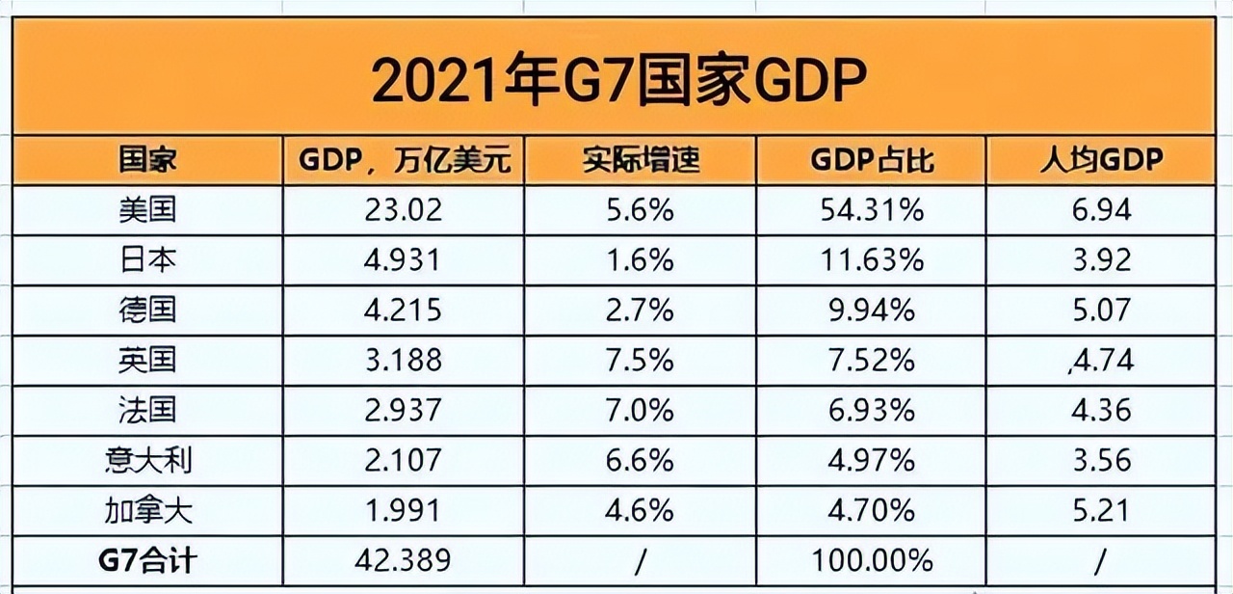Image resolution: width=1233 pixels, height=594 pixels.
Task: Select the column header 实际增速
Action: pos(641,160)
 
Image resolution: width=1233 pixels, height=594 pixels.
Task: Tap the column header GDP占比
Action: pos(872,160)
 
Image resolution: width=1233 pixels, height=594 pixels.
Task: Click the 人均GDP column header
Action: pos(1100,160)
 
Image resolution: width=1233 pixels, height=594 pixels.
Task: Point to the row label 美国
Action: pos(146,210)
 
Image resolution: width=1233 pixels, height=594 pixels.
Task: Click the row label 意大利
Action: pos(146,460)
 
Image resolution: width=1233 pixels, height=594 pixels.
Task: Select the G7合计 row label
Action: pos(146,560)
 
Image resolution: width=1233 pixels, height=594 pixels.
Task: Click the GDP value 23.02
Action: pos(404,210)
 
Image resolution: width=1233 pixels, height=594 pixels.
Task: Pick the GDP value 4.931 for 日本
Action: pos(404,260)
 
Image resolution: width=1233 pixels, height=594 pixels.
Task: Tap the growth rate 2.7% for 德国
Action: pos(641,310)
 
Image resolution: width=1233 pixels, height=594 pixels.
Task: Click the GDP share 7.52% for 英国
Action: pos(872,361)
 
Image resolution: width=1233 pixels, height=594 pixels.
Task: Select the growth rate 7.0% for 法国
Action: pos(641,411)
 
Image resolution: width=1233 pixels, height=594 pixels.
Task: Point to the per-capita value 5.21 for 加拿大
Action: pos(1100,510)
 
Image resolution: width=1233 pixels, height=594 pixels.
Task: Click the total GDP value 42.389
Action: pos(404,560)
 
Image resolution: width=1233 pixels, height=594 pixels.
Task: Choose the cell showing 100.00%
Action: pos(872,560)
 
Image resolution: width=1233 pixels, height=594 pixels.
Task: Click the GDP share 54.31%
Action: pos(872,210)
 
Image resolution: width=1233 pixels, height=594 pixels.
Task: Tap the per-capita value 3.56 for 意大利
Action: pos(1100,460)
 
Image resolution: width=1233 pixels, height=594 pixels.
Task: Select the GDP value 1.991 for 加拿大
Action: pos(404,510)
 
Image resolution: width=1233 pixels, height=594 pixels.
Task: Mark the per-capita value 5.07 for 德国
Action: pos(1100,310)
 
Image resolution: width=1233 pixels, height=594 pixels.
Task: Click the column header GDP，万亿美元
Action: pos(404,160)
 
